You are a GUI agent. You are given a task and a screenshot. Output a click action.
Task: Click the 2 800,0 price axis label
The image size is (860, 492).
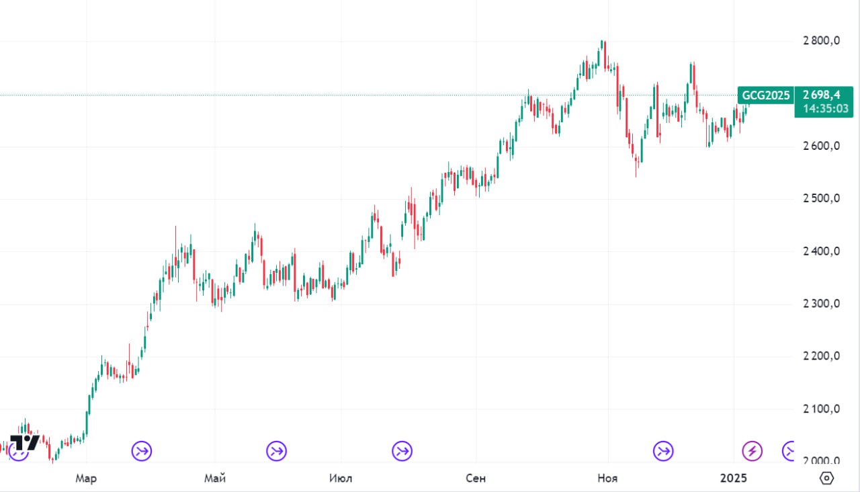(821, 41)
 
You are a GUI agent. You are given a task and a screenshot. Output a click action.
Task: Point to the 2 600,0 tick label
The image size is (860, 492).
(821, 147)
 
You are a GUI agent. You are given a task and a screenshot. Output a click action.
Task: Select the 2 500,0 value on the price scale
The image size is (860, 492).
(821, 199)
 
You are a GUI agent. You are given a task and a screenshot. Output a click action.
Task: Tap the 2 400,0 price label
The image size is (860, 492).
(821, 251)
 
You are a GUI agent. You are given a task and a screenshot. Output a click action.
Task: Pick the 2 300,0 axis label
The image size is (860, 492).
(821, 304)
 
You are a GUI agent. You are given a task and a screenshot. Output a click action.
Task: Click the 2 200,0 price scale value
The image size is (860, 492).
(821, 356)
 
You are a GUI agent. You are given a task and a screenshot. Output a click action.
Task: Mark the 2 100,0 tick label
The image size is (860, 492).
(821, 409)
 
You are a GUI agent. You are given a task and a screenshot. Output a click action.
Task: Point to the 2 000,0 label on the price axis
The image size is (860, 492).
(821, 461)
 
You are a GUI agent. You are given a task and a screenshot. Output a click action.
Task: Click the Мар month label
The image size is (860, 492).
(86, 479)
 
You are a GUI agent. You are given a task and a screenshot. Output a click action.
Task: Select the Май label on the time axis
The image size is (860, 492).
(215, 479)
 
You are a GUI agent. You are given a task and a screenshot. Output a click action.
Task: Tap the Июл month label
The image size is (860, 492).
(341, 479)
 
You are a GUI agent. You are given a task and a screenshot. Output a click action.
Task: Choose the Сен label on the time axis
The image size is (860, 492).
(475, 479)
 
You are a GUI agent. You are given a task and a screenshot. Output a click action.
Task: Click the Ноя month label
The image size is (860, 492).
(607, 479)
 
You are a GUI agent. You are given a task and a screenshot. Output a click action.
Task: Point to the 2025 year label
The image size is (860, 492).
(734, 479)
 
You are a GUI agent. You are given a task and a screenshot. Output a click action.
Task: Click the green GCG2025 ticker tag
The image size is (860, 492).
(765, 95)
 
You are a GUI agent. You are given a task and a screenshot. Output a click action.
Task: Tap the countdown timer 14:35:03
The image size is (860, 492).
(825, 109)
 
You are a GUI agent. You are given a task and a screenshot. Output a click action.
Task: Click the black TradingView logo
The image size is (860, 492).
(25, 443)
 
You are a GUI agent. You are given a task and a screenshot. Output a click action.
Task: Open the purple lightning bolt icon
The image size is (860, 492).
(752, 451)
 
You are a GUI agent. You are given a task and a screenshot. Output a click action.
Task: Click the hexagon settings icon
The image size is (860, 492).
(827, 478)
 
